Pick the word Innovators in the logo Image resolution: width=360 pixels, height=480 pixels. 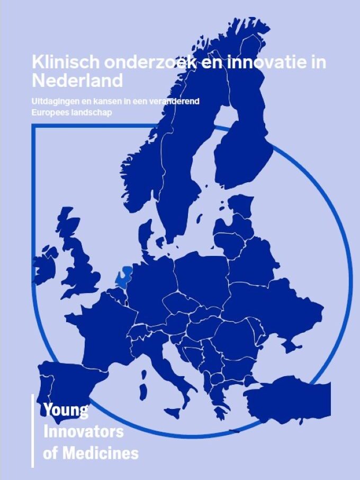click(83, 431)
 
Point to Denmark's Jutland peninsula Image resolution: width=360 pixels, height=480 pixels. click(145, 236)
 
